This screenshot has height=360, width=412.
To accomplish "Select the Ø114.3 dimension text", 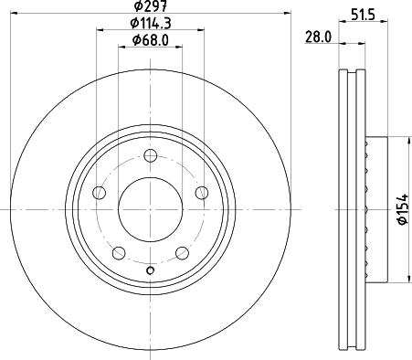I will tap(151, 23).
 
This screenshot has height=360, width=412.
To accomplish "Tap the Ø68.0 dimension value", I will tap(151, 39).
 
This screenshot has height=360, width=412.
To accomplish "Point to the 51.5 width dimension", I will tap(364, 15).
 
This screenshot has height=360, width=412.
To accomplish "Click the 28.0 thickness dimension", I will tap(318, 37).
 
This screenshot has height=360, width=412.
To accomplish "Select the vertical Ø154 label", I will tap(402, 210).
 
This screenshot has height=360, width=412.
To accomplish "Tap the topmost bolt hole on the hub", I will tap(150, 155).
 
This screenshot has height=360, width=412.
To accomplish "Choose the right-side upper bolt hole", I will tap(201, 193).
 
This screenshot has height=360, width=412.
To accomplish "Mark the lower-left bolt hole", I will tap(118, 253).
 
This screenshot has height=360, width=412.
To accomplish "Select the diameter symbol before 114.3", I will tap(132, 23).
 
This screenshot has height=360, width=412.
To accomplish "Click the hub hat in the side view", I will tap(370, 209).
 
